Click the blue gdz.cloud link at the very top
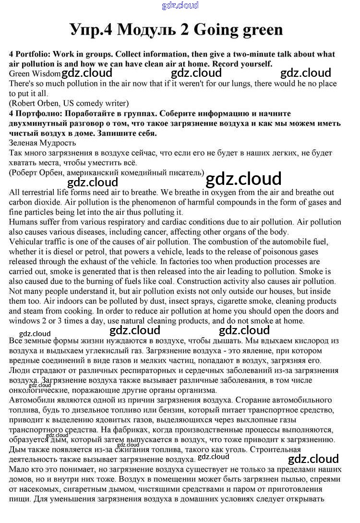pyautogui.click(x=180, y=6)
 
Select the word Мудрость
pyautogui.click(x=58, y=143)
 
